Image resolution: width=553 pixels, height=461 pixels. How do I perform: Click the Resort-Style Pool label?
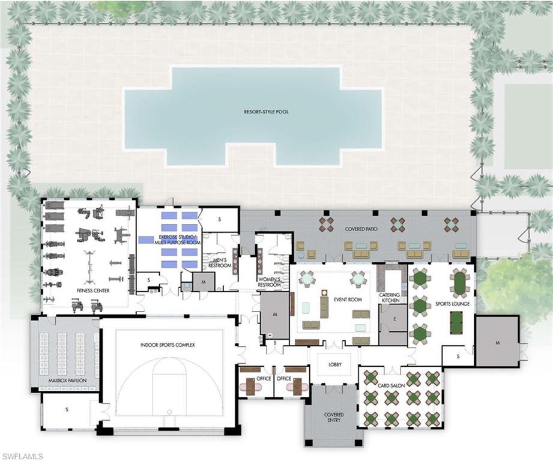pos(266,112)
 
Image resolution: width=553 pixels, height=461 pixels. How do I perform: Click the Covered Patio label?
pos(361,229)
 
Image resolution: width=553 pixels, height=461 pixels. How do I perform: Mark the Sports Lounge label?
pos(452,304)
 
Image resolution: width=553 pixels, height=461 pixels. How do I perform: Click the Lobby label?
pos(334,364)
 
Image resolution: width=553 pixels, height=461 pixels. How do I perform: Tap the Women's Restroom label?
pos(270,282)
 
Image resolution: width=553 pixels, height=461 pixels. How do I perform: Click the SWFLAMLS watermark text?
pos(22,456)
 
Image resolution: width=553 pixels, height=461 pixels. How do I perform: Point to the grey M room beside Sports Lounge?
pos(497,342)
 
